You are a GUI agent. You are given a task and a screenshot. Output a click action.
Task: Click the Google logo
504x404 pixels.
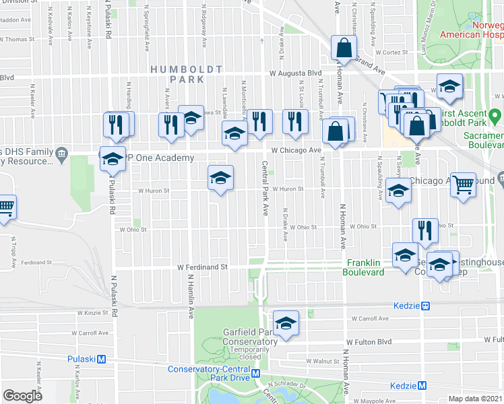23,396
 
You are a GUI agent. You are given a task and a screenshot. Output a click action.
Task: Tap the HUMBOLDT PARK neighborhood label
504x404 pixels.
177,74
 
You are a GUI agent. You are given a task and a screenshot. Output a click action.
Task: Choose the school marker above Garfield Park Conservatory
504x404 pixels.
286,323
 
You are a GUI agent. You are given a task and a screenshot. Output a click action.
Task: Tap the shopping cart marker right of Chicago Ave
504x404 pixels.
462,183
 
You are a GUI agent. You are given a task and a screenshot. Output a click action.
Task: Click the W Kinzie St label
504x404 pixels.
92,313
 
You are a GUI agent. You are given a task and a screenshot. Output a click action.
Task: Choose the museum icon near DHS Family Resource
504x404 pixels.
62,154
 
